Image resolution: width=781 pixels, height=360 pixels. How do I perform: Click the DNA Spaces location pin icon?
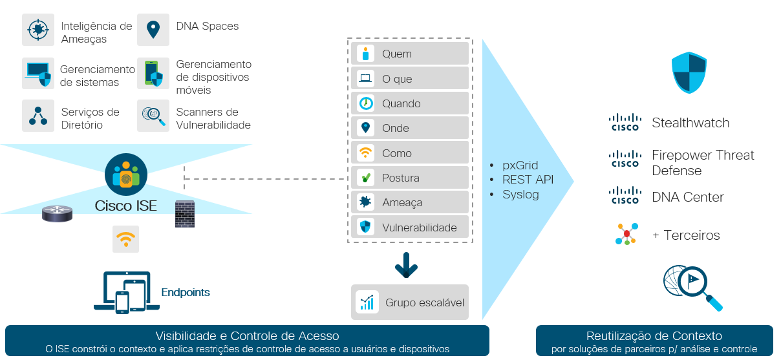tap(153, 30)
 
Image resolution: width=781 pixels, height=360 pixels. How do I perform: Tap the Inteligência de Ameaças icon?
tap(38, 30)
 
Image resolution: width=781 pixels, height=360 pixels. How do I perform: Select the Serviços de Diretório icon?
tap(38, 116)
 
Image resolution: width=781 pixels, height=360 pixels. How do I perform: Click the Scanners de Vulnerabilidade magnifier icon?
tap(153, 116)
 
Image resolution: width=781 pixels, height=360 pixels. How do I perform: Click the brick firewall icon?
tap(185, 213)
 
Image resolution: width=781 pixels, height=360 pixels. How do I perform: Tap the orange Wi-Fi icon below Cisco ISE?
tap(126, 239)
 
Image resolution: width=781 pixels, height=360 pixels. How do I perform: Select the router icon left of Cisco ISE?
tap(58, 213)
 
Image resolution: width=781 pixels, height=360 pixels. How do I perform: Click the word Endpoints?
tap(186, 293)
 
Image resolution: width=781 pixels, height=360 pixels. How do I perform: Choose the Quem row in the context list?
tap(412, 54)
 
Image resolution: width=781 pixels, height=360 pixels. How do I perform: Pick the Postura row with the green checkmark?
tap(412, 178)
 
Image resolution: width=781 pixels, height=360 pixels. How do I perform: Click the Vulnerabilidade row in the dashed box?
tap(412, 227)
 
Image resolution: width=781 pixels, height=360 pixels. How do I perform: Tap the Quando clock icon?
tap(365, 103)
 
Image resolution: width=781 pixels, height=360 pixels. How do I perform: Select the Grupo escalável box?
tap(410, 302)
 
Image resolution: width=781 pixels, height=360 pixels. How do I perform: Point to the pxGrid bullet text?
tap(520, 165)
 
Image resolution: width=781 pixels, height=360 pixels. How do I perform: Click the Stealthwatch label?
tap(690, 123)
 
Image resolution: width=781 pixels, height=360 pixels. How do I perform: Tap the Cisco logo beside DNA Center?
tap(625, 195)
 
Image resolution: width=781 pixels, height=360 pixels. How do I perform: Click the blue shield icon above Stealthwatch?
tap(689, 72)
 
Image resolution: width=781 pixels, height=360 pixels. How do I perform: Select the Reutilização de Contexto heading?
tap(654, 336)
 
